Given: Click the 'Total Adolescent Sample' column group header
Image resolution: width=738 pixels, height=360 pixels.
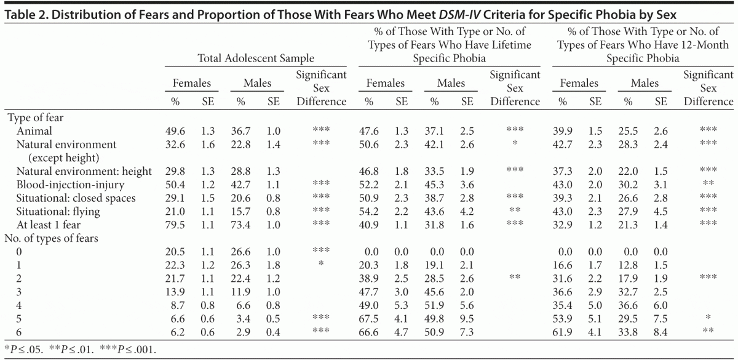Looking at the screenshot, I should [256, 59].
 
